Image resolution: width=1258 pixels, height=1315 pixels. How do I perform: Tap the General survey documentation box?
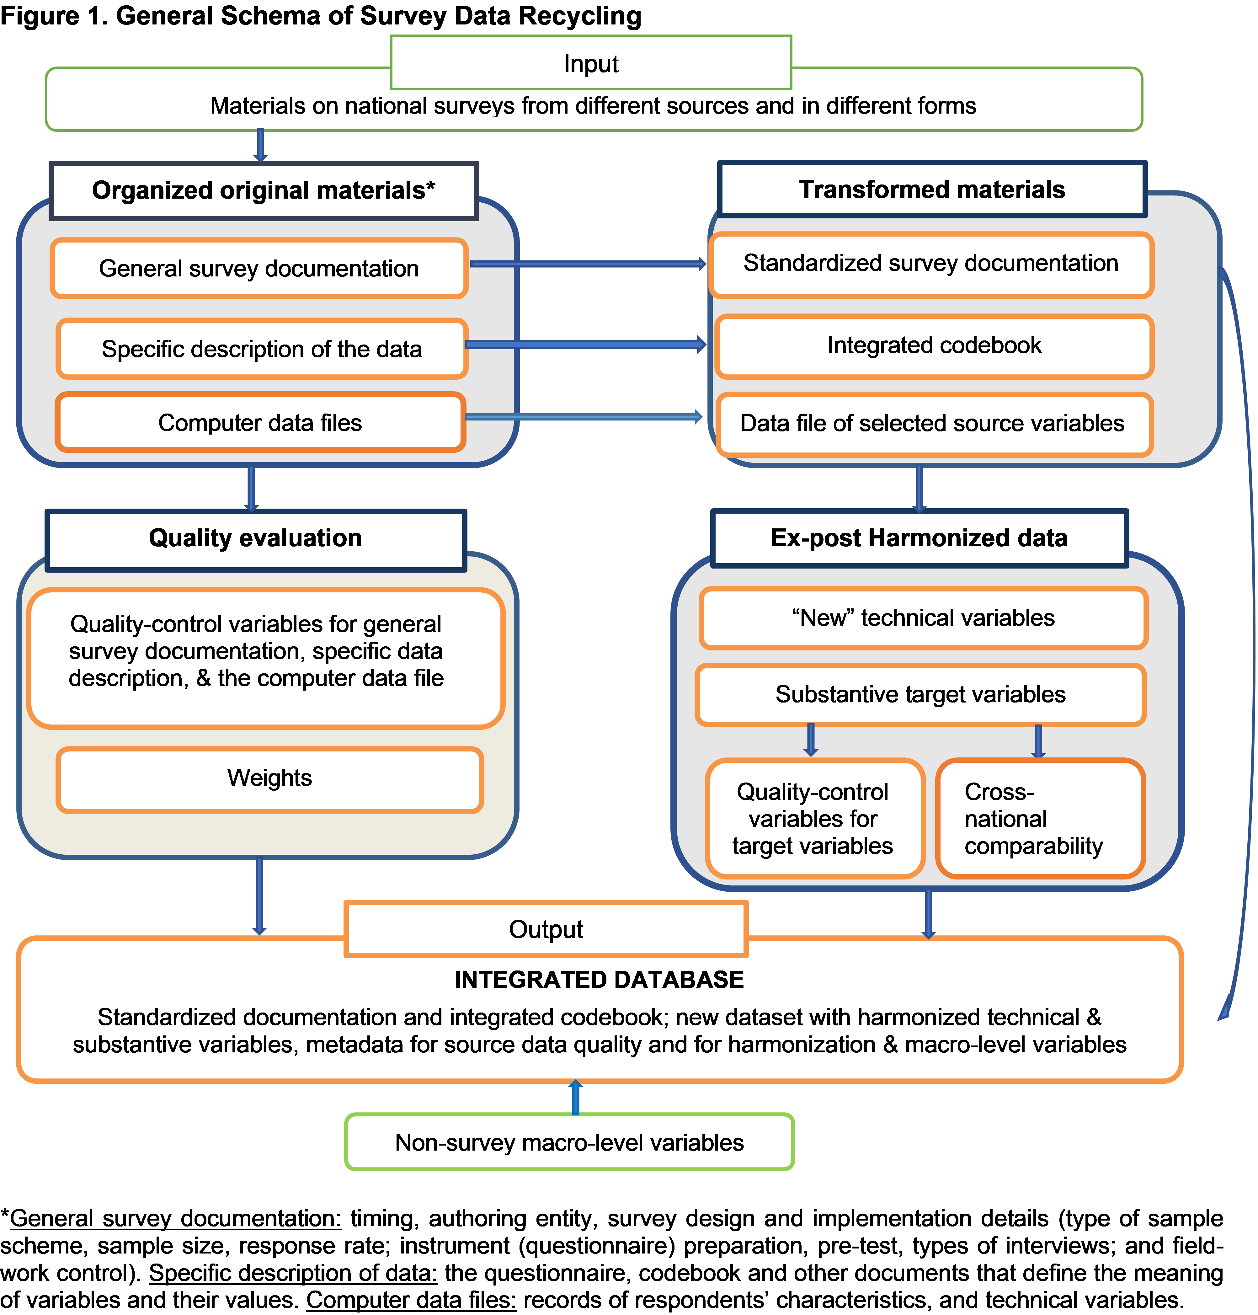click(x=259, y=268)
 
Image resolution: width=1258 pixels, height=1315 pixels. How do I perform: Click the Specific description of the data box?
click(x=262, y=349)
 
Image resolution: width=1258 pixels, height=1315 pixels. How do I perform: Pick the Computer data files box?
click(x=260, y=422)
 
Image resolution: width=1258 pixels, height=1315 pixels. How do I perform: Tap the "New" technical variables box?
click(x=923, y=617)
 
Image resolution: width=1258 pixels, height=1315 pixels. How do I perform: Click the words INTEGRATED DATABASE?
click(x=599, y=980)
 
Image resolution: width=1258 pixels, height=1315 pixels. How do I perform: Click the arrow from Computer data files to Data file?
click(x=584, y=417)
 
